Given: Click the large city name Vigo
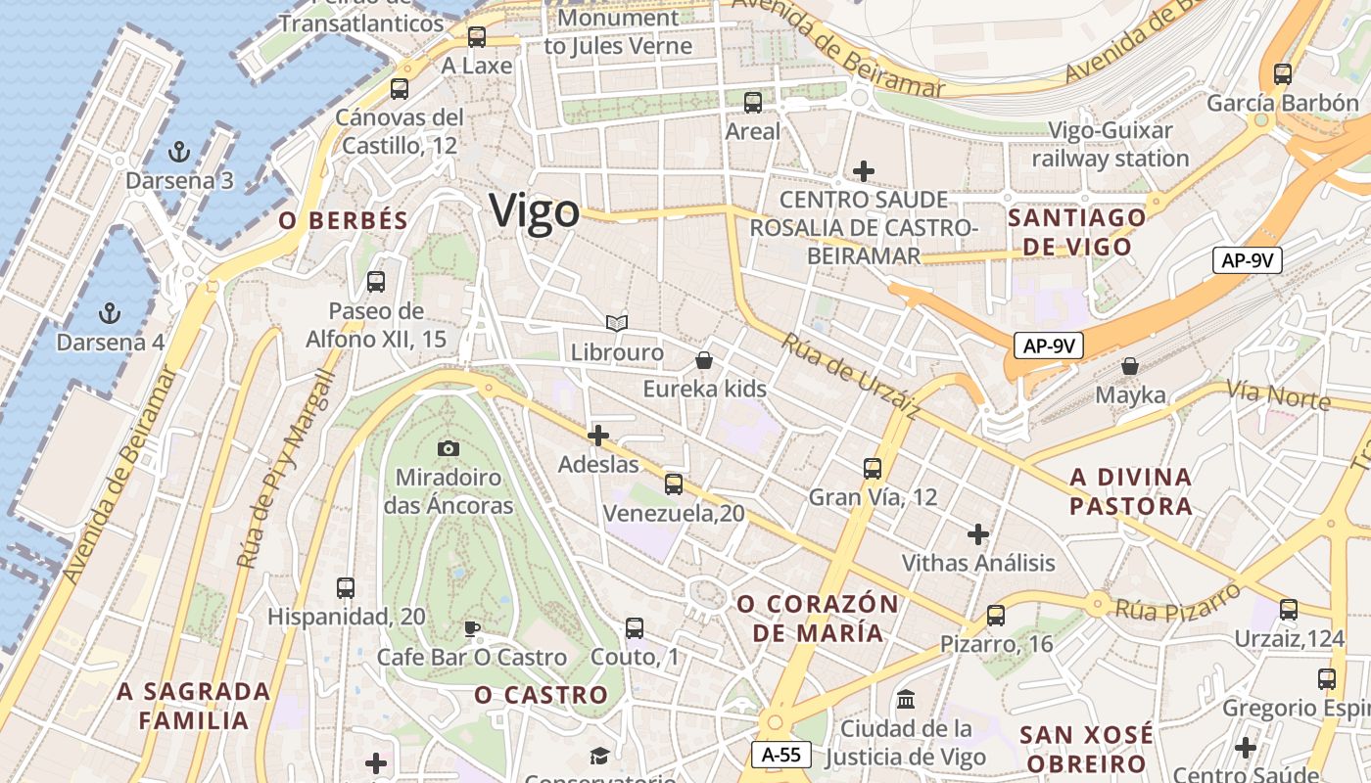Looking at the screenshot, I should coord(535,211).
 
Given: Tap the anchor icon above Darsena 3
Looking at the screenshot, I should coord(178,152).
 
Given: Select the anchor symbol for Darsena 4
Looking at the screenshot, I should coord(110,313).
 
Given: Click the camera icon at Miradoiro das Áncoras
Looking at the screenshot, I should coord(449,448).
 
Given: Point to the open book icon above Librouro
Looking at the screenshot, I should coord(616,323).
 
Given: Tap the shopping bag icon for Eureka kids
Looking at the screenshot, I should coord(703,360).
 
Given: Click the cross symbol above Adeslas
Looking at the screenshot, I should coord(598,436).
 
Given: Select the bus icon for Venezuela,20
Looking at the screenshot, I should coord(673,484).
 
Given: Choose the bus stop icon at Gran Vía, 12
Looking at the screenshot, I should coord(873,468).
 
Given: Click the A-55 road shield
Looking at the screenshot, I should coord(781,755).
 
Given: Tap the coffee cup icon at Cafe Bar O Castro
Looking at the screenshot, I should coord(471,628).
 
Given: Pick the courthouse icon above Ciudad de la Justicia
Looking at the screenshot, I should coord(906,700).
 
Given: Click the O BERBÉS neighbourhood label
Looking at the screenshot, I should coord(343,221).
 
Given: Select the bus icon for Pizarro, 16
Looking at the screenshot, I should coord(996,615).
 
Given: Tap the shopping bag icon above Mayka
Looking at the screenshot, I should coord(1130,366).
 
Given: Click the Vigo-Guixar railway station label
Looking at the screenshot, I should coord(1111,144).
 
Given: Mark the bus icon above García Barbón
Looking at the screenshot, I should coord(1282,73).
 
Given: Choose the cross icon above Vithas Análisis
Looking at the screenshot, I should coord(977,534).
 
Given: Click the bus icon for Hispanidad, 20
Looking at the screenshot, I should coord(346,587).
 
